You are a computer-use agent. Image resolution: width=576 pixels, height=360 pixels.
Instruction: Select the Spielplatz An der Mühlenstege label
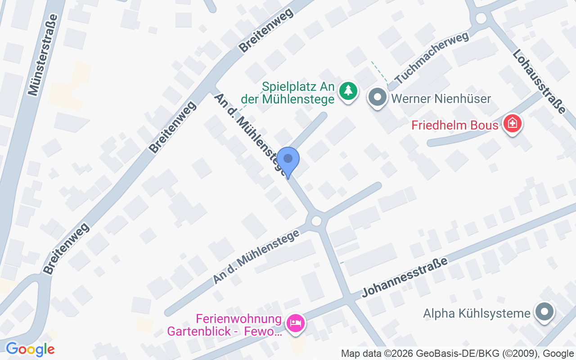click(299, 93)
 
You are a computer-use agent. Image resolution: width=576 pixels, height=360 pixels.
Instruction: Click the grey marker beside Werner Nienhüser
click(378, 97)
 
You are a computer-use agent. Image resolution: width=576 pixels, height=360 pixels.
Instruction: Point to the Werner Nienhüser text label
click(441, 99)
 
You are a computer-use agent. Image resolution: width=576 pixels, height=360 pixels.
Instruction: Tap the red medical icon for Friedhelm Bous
click(512, 123)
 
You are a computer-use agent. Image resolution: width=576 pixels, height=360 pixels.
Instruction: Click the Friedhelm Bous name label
click(454, 125)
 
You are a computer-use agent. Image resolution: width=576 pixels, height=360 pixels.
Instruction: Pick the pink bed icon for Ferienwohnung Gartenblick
click(295, 323)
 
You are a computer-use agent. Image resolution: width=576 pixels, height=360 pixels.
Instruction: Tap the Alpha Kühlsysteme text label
click(477, 313)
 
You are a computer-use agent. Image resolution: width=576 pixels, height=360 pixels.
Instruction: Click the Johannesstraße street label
click(405, 278)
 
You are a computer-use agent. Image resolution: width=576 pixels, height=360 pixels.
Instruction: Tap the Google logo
click(30, 349)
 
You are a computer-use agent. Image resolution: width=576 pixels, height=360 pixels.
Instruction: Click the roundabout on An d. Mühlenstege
click(316, 220)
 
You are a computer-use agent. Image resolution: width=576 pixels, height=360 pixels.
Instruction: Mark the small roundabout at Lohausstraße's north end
click(481, 18)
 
